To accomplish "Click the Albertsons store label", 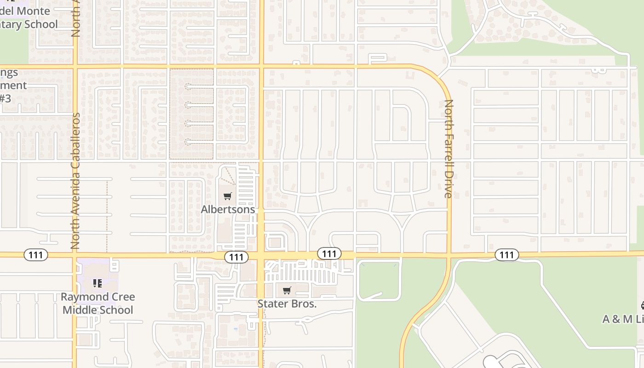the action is coord(228,209).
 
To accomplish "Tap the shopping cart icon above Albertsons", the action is coord(227,197).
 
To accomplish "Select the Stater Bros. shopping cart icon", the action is coord(287,291).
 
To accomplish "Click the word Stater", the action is coord(271,304).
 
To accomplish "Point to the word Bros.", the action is coord(302,304).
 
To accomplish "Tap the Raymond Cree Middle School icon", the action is coord(97,283).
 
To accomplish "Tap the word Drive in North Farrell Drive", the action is coord(448,184).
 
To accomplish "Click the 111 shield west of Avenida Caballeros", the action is coord(36,255).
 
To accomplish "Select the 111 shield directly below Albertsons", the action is coord(236,257).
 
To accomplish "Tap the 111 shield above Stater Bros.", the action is coord(329,253).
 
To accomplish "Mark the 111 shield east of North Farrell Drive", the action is coord(506,255).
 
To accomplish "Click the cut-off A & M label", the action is coord(623,319).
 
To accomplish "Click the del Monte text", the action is coord(25,11).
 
